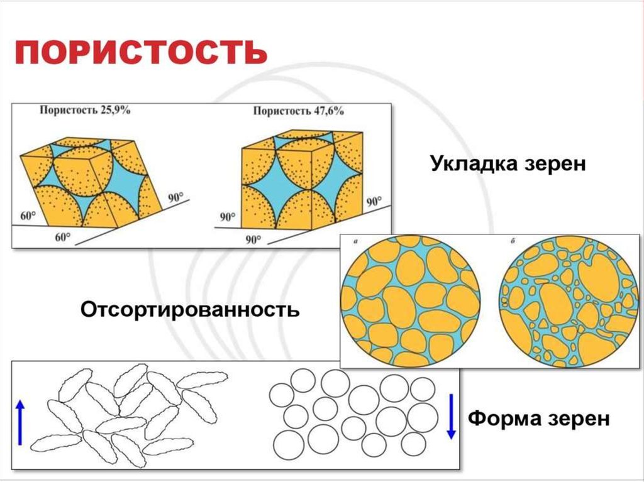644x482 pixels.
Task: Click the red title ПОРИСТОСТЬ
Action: [142, 53]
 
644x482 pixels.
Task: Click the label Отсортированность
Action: [189, 309]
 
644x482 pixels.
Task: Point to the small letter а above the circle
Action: [356, 241]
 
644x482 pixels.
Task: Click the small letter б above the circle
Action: [514, 241]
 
